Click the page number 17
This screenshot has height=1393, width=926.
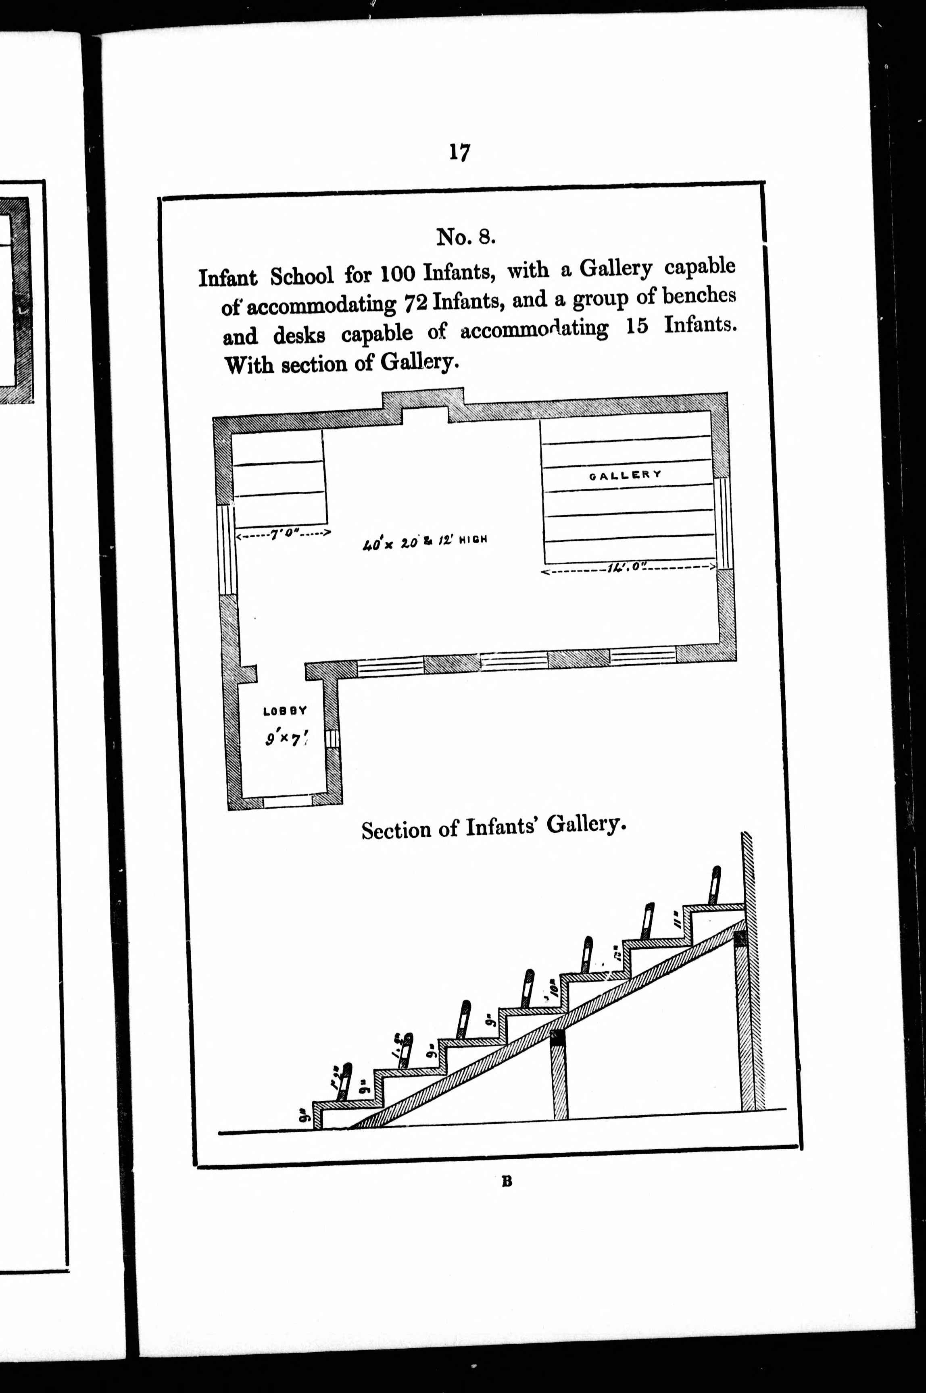[459, 152]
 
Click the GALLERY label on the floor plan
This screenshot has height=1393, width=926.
[626, 474]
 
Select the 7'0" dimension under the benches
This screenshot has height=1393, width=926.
[282, 534]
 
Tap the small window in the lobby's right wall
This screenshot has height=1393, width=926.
[332, 739]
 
